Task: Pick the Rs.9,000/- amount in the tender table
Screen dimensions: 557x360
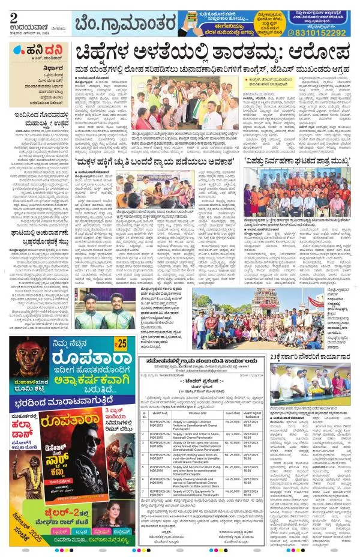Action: (x=232, y=432)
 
